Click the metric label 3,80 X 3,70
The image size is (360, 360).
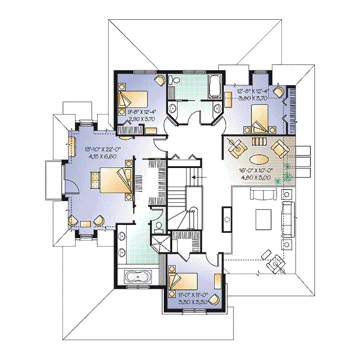pos(253,99)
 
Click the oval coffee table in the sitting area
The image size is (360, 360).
pos(259,159)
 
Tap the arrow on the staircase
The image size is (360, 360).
pos(194,178)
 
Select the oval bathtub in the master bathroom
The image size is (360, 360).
pos(139,278)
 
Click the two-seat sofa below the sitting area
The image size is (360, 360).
pos(263,194)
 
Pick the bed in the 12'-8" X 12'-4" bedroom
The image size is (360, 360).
pos(258,118)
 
